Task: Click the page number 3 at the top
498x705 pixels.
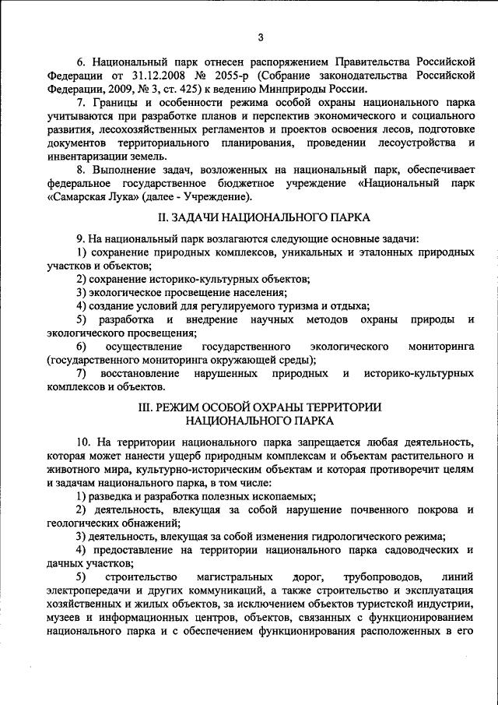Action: tap(261, 37)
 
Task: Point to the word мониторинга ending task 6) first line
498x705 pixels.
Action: tap(440, 346)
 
